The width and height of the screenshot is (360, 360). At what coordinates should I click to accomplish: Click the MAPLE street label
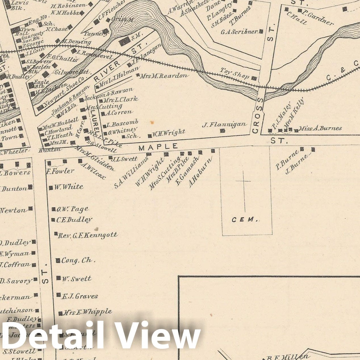tap(158, 146)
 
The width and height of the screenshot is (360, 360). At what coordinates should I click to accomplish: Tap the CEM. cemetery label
tap(245, 219)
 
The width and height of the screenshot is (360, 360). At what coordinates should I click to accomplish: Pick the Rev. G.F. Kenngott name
tap(87, 235)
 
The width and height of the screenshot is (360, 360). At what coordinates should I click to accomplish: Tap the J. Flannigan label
tap(224, 124)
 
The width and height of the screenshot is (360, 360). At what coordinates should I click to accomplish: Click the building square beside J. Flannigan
tap(223, 131)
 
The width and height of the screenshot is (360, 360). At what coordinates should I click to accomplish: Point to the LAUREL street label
tap(94, 122)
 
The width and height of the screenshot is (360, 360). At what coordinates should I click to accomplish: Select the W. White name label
tap(68, 187)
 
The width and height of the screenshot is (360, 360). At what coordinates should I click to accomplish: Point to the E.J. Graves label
tap(79, 296)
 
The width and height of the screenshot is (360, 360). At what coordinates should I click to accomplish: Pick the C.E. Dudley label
tap(74, 220)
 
